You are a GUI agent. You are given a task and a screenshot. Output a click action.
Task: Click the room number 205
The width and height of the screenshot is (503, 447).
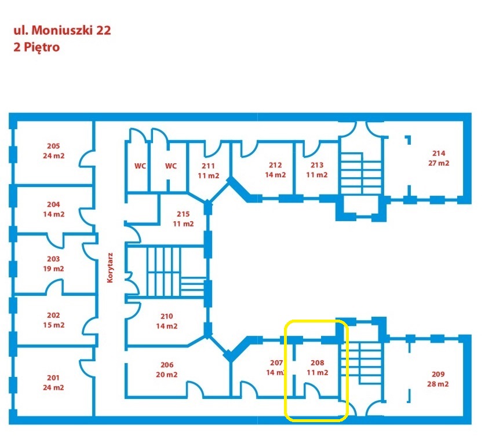pyautogui.click(x=53, y=146)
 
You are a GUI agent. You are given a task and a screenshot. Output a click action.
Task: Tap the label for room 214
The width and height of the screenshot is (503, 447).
pyautogui.click(x=439, y=153)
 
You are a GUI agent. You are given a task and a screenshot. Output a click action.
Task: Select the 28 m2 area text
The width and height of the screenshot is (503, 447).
pyautogui.click(x=438, y=384)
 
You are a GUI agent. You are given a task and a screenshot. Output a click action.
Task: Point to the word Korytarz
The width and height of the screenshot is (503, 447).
pyautogui.click(x=110, y=268)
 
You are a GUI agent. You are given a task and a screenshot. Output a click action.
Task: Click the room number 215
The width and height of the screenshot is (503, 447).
pyautogui.click(x=183, y=214)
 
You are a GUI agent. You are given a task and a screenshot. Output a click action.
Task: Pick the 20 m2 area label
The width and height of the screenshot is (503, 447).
pyautogui.click(x=166, y=375)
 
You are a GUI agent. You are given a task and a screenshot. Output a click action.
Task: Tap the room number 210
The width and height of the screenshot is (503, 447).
pyautogui.click(x=166, y=316)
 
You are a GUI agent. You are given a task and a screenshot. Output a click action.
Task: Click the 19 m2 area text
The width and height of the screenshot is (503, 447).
pyautogui.click(x=53, y=269)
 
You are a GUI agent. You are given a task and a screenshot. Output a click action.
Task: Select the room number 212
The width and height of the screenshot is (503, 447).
pyautogui.click(x=275, y=165)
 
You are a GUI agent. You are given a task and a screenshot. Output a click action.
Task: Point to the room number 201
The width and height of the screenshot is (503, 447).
pyautogui.click(x=53, y=378)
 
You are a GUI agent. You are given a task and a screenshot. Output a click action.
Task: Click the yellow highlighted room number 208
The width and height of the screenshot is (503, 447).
pyautogui.click(x=317, y=362)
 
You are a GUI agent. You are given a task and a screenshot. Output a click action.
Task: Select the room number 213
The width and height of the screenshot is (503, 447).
pyautogui.click(x=317, y=165)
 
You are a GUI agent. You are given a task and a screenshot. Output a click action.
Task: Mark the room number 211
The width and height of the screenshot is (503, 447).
pyautogui.click(x=208, y=166)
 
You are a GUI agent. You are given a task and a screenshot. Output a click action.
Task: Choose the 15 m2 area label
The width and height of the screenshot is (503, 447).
pyautogui.click(x=53, y=325)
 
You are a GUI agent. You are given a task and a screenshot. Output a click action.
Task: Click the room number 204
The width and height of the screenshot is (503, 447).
pyautogui.click(x=53, y=204)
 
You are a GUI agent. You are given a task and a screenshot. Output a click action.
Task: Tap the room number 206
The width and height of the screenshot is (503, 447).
pyautogui.click(x=167, y=365)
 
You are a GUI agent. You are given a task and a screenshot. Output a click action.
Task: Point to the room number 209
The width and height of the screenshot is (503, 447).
pyautogui.click(x=438, y=374)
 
